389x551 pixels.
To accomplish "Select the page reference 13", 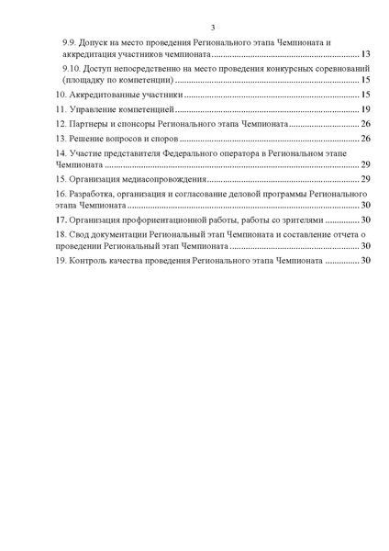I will tap(365, 55).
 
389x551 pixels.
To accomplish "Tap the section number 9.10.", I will tap(70, 70).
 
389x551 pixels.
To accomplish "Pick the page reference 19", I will tap(365, 109).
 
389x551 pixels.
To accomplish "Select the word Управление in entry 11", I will tap(96, 109).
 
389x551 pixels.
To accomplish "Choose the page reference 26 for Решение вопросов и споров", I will tap(365, 138).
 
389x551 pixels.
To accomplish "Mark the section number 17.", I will tap(61, 220).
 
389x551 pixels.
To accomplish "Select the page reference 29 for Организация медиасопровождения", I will tap(365, 178).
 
